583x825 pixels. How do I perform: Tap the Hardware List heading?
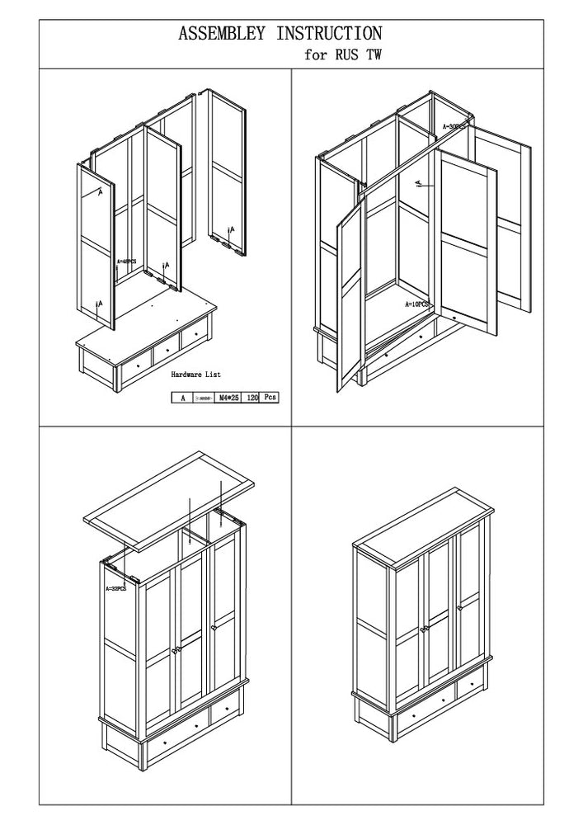195,375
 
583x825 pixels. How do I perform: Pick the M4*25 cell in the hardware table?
228,398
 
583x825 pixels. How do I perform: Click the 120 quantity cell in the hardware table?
252,398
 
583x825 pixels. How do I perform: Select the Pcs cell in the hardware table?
270,398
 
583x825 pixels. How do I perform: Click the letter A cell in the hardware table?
181,398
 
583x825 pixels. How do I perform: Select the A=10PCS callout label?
418,304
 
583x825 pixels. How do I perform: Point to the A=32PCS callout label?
115,589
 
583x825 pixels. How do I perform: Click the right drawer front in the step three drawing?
224,710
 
